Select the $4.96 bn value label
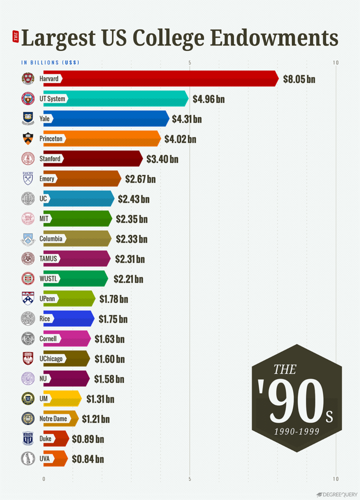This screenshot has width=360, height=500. pyautogui.click(x=208, y=99)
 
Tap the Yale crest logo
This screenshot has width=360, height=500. pyautogui.click(x=28, y=119)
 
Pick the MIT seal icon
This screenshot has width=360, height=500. pyautogui.click(x=28, y=219)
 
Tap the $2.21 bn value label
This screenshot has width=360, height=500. pyautogui.click(x=128, y=279)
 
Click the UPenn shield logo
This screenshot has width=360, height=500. pyautogui.click(x=28, y=299)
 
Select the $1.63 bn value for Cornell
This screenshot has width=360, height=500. pyautogui.click(x=110, y=339)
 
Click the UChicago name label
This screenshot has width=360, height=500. pyautogui.click(x=51, y=359)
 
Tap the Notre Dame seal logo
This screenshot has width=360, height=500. pyautogui.click(x=28, y=418)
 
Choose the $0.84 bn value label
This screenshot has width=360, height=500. pyautogui.click(x=88, y=459)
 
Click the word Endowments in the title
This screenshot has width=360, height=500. pyautogui.click(x=274, y=38)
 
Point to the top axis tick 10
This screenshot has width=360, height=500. pyautogui.click(x=336, y=63)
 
